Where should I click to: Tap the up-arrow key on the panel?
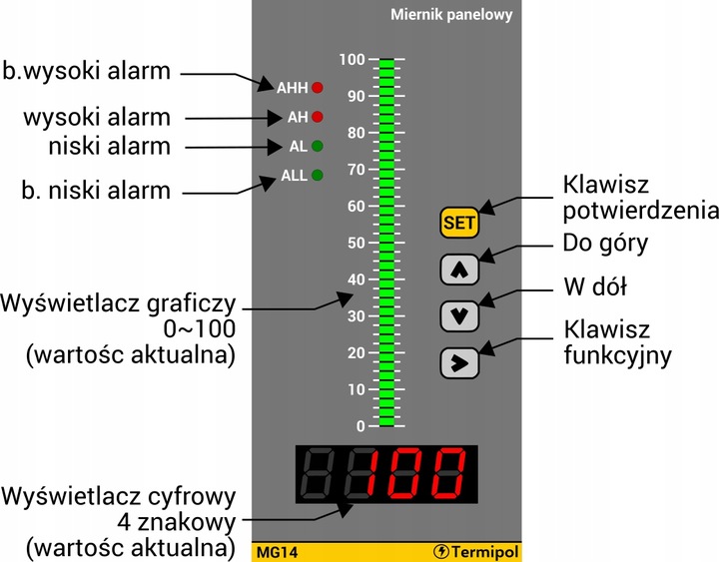tap(459, 269)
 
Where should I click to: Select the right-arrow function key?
tap(459, 362)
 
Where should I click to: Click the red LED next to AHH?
tap(319, 87)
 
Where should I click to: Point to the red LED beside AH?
tap(319, 117)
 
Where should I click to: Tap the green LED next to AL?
tap(319, 146)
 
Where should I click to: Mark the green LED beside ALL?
tap(319, 176)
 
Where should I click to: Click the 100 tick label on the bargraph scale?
tap(351, 60)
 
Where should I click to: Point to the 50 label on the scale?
tap(355, 243)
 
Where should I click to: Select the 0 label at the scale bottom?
tap(360, 426)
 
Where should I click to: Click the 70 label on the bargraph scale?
tap(355, 170)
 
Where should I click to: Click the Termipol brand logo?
tap(477, 551)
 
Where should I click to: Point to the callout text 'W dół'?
tap(594, 288)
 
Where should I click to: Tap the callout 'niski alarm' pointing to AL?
tap(110, 147)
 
